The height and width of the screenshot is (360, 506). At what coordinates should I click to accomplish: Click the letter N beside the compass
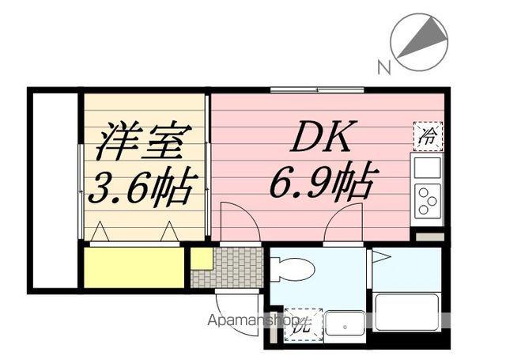tap(383, 68)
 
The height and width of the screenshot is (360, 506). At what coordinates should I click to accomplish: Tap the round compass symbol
tap(419, 40)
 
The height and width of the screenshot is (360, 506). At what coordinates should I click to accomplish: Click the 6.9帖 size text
tap(323, 184)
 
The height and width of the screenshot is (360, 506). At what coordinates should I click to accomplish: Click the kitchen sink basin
tap(427, 167)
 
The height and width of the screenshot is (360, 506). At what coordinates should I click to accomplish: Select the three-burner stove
tap(427, 199)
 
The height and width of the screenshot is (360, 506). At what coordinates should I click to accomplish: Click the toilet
tap(293, 270)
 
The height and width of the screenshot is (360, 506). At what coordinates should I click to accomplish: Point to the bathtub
tap(406, 312)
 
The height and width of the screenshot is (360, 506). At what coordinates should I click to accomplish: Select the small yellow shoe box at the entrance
tap(201, 258)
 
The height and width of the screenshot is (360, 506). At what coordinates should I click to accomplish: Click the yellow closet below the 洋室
tap(133, 267)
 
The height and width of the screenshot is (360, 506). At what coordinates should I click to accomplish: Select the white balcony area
tap(55, 190)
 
